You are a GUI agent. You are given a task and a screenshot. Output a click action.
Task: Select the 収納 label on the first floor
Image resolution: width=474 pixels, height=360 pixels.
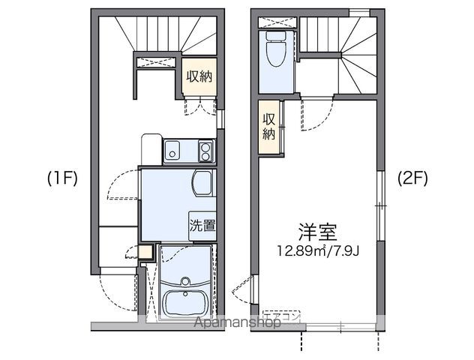pyautogui.click(x=199, y=76)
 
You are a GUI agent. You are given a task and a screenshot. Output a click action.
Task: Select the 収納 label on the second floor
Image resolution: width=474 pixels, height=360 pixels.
pyautogui.click(x=268, y=127)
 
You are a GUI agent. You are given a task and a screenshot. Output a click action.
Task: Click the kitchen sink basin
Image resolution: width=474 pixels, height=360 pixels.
pyautogui.click(x=172, y=152)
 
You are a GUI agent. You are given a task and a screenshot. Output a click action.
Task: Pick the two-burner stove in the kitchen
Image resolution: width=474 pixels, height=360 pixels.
pyautogui.click(x=205, y=152)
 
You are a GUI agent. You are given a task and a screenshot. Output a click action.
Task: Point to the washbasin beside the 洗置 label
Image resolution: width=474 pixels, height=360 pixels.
pyautogui.click(x=202, y=182)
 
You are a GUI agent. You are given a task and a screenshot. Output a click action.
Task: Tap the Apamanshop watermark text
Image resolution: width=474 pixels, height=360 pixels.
pyautogui.click(x=238, y=323)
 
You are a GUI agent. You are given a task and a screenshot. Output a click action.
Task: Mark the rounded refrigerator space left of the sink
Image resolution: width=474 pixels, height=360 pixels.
pyautogui.click(x=151, y=148)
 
